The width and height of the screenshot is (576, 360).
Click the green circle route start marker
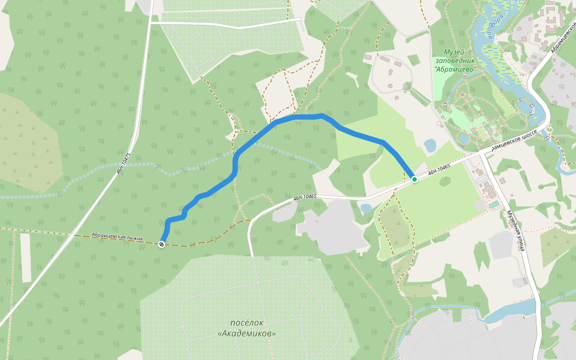click(x=414, y=179)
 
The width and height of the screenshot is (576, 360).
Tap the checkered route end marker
click(x=162, y=244)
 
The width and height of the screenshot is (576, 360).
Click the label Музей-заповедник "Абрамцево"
click(x=454, y=60)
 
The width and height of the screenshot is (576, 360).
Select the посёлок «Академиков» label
click(x=247, y=328)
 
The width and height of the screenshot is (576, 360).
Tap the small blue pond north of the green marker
click(x=430, y=145)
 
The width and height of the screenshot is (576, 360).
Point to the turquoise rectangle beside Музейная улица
click(x=493, y=205)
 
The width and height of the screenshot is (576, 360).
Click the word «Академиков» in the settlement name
click(x=247, y=333)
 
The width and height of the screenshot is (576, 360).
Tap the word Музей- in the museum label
click(x=454, y=52)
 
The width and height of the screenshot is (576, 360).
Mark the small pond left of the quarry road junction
click(x=365, y=208)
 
